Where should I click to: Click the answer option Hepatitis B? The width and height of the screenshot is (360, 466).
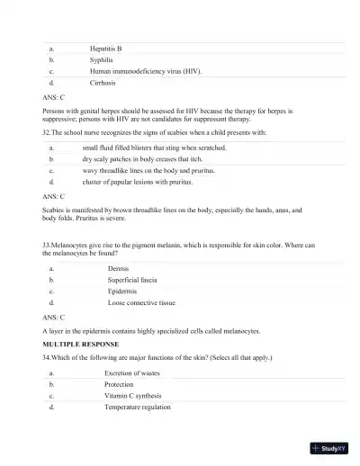pos(105,49)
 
